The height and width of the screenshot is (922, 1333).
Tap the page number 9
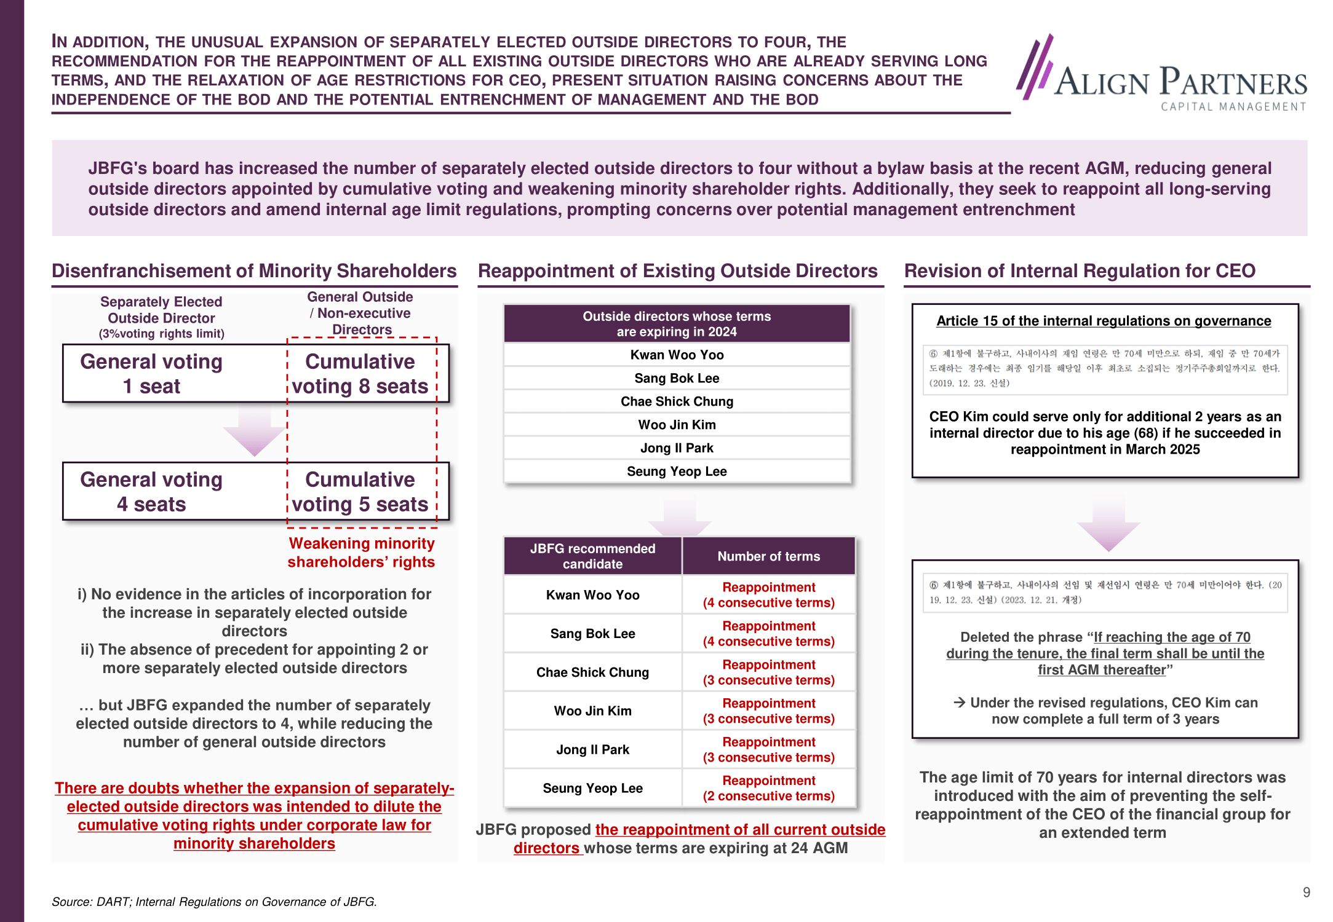coord(1306,892)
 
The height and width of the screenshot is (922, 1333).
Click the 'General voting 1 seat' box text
coord(151,374)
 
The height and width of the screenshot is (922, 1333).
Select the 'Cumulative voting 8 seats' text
coord(360,374)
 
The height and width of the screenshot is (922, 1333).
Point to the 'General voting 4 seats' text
coord(151,492)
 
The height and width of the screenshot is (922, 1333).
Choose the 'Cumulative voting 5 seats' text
coord(360,492)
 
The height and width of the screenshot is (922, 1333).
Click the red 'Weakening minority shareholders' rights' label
coord(361,553)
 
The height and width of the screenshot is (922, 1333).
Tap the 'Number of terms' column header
coord(768,556)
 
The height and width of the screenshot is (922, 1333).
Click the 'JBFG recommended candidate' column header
coord(592,556)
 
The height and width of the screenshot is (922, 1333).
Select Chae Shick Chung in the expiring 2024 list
coord(677,401)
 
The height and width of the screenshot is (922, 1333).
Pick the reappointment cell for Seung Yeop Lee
coord(768,788)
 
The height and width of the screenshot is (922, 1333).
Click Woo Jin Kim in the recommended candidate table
coord(592,711)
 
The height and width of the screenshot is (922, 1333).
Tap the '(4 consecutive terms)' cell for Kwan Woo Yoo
coord(768,595)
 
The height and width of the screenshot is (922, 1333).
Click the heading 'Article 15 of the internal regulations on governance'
coord(1104,321)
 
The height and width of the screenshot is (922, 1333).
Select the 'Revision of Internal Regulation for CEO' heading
coord(1080,271)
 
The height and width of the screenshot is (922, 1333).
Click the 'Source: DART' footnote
coord(214,902)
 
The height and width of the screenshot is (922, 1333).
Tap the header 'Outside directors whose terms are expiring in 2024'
coord(677,324)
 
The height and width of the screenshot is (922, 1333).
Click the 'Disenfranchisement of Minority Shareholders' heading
coord(254,271)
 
